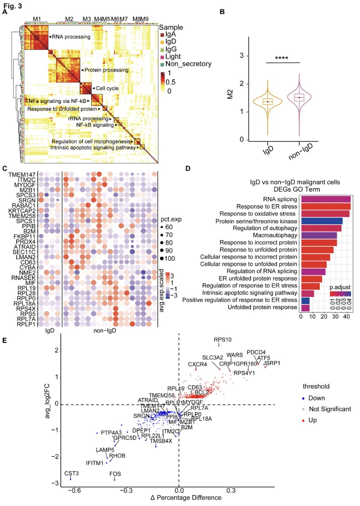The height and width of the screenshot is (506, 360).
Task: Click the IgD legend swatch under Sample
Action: point(162,42)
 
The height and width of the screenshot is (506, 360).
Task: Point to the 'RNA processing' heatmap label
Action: point(71,37)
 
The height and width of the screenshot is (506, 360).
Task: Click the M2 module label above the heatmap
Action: point(69,19)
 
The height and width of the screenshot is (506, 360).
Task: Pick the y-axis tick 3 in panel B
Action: point(242,56)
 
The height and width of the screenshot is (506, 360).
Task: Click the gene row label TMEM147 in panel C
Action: point(22,175)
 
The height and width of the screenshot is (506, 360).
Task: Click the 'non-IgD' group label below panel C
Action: point(105,331)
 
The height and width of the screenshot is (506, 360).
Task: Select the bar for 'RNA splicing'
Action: point(325,199)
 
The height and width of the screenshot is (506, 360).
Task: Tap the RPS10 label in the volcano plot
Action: point(223,340)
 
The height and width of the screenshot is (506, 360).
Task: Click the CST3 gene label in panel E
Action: point(71,474)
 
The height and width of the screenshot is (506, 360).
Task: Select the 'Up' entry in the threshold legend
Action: point(312,420)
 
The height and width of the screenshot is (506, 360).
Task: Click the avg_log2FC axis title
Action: point(47,400)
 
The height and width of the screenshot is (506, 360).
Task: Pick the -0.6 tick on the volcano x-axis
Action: point(74,491)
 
